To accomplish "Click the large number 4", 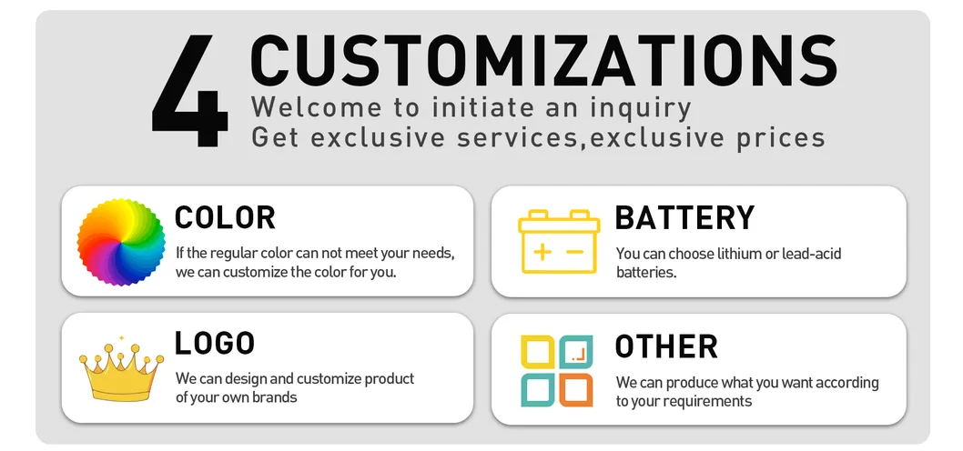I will pos(190,92).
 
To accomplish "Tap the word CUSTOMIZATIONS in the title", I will pos(542,61).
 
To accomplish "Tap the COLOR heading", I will pos(225,217).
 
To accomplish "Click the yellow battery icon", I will pos(559,241).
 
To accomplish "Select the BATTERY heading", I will pos(684,217).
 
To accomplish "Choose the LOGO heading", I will pos(215,343).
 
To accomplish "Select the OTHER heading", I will pos(666,346).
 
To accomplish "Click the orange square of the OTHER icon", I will pos(575,389).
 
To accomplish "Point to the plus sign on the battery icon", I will pos(542,251).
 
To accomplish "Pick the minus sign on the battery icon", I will pos(575,251).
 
